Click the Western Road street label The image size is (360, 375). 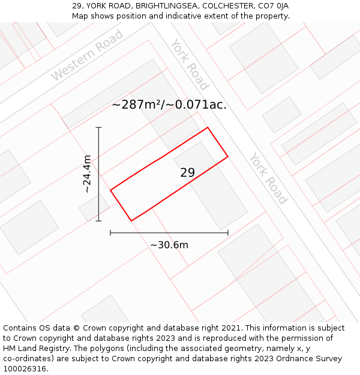click(87, 55)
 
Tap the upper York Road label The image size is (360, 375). click(189, 64)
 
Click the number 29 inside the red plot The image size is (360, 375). click(187, 173)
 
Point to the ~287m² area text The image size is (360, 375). click(169, 104)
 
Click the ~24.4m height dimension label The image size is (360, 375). click(88, 174)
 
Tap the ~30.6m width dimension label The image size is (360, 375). click(169, 245)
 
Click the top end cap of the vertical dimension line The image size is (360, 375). click(98, 127)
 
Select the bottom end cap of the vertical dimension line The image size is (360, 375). click(98, 221)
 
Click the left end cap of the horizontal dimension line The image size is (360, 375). click(110, 233)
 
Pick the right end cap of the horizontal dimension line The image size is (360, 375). click(228, 233)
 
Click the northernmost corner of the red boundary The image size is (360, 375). click(208, 127)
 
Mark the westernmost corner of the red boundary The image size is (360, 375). click(110, 190)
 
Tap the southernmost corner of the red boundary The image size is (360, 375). click(131, 221)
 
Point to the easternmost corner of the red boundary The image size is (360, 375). click(228, 157)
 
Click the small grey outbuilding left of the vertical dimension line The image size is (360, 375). click(94, 207)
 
